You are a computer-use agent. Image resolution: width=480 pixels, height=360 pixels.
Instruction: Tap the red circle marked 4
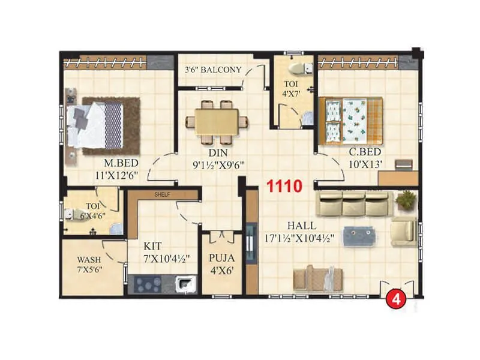[395, 299]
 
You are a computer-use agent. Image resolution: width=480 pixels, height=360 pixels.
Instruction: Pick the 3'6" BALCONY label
[213, 70]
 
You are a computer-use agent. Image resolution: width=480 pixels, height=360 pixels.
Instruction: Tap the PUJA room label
[221, 259]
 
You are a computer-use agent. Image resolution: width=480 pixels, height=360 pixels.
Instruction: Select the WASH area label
[89, 260]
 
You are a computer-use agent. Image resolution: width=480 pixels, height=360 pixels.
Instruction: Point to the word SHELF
[163, 195]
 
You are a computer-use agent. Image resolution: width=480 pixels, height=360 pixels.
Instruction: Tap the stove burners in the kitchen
[148, 283]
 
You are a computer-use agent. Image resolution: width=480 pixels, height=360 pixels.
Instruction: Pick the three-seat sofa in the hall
[353, 203]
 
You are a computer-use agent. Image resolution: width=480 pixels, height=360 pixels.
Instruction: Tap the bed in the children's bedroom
[353, 119]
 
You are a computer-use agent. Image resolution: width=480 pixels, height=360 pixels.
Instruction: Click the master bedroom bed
[97, 124]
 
